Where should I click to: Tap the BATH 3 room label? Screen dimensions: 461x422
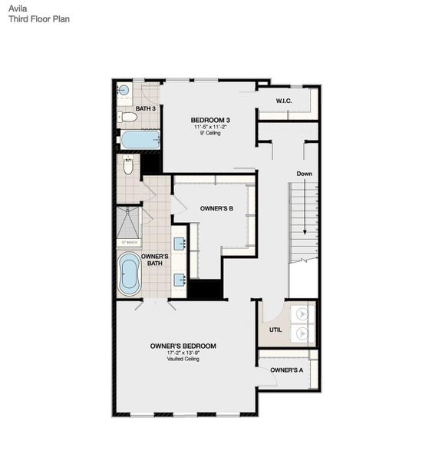click(x=146, y=108)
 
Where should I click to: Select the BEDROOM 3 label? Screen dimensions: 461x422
click(x=210, y=120)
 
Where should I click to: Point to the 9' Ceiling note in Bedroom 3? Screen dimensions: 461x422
click(x=210, y=136)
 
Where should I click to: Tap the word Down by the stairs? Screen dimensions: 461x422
click(x=305, y=174)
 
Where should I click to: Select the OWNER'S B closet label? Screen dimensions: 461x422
click(x=216, y=208)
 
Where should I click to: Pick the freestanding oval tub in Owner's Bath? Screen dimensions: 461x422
click(x=129, y=274)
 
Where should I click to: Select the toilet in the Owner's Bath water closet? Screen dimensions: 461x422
click(x=128, y=165)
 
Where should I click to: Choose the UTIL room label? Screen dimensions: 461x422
click(x=275, y=330)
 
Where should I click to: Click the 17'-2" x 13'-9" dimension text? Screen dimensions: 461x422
click(x=183, y=353)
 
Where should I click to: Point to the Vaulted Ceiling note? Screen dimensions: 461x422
click(x=183, y=360)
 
